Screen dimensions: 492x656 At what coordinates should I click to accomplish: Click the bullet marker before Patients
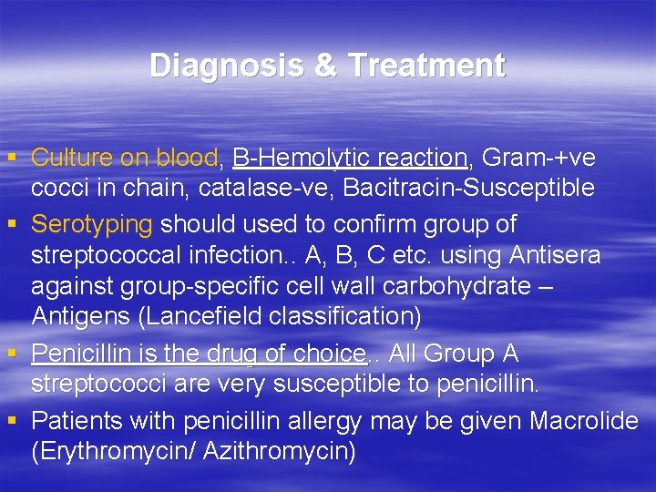pos(12,420)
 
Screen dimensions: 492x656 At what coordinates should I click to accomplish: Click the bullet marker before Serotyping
pos(12,222)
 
